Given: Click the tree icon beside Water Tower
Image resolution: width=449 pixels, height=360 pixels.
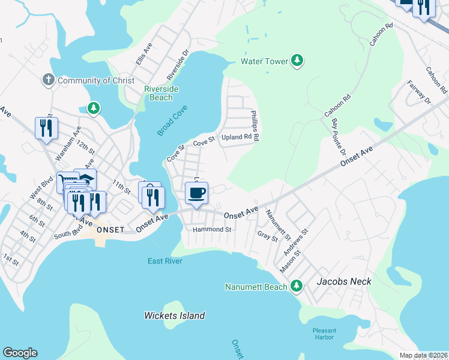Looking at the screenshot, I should (x=297, y=61).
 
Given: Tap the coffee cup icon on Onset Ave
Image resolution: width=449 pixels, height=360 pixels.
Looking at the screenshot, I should (x=196, y=193).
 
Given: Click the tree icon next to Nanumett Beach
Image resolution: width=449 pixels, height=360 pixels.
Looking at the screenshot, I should (x=296, y=287).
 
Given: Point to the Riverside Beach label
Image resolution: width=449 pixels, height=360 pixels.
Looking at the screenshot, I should (x=161, y=93).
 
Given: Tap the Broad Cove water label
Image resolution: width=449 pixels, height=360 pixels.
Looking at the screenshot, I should (x=173, y=120).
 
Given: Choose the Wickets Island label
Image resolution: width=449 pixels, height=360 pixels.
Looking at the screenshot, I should (x=175, y=316).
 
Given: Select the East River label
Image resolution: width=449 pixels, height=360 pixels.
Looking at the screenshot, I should (x=165, y=261).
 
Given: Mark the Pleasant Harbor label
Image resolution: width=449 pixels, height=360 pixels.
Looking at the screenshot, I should (x=324, y=334).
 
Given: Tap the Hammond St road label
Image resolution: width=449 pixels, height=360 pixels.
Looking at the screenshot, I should (x=212, y=230).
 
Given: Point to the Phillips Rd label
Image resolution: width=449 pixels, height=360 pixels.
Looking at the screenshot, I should (x=255, y=125).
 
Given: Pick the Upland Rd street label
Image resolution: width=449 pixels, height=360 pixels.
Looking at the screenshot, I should (x=236, y=137).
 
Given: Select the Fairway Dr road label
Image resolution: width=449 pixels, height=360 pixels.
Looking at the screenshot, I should (x=419, y=92).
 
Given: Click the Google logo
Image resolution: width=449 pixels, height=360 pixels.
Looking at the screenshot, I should (x=20, y=353).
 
